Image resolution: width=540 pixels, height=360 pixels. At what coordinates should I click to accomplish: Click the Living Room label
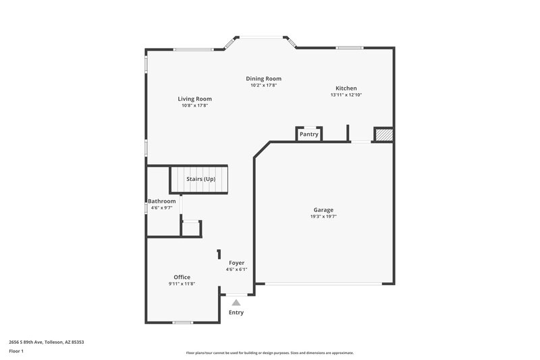[195, 99]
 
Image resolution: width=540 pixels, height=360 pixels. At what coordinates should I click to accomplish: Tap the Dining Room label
[263, 78]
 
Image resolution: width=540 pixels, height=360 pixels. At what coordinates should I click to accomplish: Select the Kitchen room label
[346, 88]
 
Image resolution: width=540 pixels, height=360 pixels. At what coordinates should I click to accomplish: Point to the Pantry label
[309, 134]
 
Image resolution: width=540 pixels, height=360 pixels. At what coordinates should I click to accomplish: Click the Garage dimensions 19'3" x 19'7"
[323, 217]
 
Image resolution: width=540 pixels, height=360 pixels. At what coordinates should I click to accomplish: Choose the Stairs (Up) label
[200, 179]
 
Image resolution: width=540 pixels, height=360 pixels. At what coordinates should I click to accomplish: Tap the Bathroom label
[162, 201]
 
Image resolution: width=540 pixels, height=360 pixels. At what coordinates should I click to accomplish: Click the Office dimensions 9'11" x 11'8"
[182, 284]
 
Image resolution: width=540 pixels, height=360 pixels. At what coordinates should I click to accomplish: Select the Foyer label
[236, 262]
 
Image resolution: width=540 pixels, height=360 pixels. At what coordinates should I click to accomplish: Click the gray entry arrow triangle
[236, 303]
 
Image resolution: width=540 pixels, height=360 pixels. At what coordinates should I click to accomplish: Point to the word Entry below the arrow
[236, 313]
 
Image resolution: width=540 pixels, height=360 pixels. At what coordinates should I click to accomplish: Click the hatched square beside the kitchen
[383, 135]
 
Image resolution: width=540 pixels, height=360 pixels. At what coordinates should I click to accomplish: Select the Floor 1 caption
[16, 351]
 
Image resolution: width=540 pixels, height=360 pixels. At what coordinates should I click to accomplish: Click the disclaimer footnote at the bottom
[269, 353]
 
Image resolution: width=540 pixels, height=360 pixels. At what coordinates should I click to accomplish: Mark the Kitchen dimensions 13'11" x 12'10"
[346, 95]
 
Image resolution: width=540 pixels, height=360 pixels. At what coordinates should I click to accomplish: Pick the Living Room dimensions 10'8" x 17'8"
[195, 106]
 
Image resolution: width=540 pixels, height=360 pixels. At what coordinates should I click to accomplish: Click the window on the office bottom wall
[183, 322]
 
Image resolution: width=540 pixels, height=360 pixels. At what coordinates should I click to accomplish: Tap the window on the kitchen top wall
[350, 48]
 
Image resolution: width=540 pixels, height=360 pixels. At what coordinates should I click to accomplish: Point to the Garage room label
[323, 209]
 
